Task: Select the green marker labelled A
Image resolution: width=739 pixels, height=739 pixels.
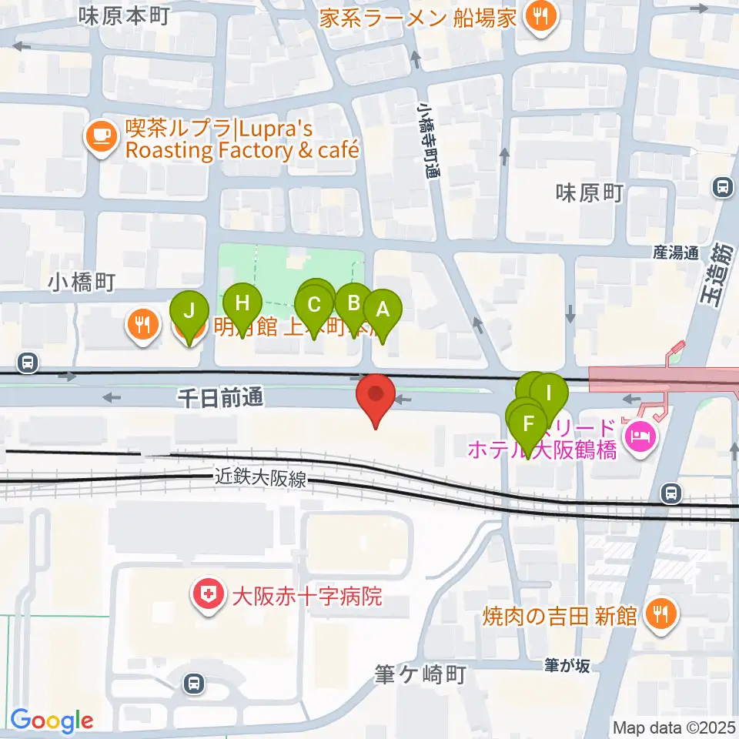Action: [x=383, y=309]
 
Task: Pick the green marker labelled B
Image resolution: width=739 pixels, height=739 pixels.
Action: [x=354, y=303]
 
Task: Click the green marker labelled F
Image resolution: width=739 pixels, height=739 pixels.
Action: [x=528, y=423]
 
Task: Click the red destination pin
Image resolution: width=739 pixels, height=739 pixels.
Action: [x=376, y=395]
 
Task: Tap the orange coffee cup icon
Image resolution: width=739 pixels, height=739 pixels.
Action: [x=101, y=136]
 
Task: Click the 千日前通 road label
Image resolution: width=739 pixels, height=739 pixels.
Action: [x=220, y=397]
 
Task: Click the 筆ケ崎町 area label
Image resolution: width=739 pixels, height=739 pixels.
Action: [x=423, y=675]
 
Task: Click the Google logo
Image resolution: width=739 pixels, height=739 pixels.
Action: [x=52, y=721]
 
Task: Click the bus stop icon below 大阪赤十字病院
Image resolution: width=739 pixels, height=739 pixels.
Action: [x=195, y=682]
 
